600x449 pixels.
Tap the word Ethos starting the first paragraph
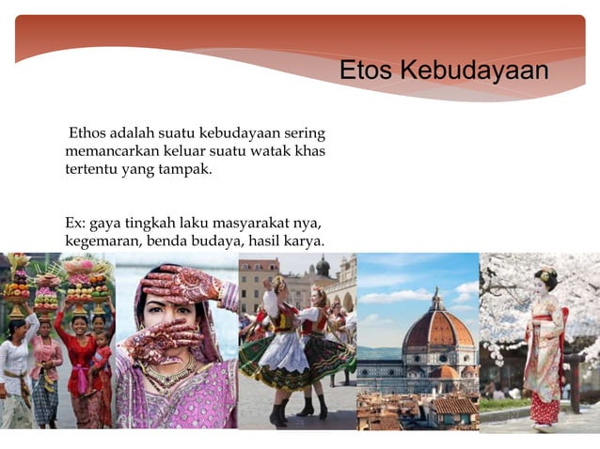tap(88, 133)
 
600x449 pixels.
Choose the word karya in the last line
tap(306, 241)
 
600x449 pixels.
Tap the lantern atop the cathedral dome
tap(436, 299)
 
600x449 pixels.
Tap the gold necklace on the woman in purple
tap(169, 373)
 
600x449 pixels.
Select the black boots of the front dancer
tap(279, 413)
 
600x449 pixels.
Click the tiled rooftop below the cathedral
tap(451, 406)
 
